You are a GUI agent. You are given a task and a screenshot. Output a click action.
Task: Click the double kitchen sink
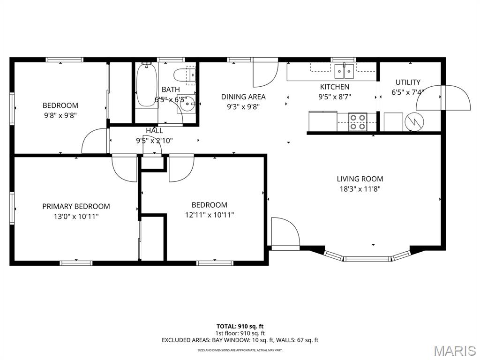coord(345,72)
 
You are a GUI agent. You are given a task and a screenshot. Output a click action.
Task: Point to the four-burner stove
coord(358,122)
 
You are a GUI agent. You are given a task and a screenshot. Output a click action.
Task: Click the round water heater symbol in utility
coord(415,122)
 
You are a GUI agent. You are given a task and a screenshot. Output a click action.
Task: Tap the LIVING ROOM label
coord(360,179)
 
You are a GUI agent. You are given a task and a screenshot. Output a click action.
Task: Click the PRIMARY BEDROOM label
coord(76,206)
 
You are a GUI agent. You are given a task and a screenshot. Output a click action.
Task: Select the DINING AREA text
coord(243,97)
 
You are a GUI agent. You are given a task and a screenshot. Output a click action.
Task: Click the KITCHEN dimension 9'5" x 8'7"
coord(335,97)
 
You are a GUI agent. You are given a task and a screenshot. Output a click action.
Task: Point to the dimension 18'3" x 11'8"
coord(360,189)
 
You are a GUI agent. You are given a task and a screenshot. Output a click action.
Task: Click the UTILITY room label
coord(407,82)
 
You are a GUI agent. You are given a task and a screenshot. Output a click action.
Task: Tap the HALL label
coord(154,130)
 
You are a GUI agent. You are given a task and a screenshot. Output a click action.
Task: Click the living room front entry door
coord(284,232)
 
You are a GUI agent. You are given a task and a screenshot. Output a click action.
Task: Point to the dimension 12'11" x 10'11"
coord(209,215)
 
